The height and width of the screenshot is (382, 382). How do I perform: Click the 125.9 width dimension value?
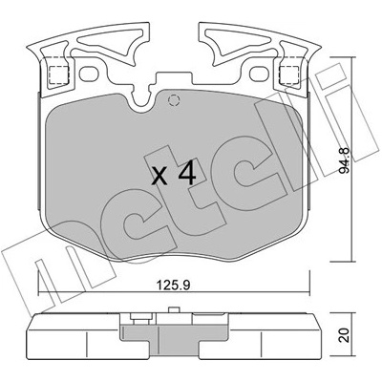174,285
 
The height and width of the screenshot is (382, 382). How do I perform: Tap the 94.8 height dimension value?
344,160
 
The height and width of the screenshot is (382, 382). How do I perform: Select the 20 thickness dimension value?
345,334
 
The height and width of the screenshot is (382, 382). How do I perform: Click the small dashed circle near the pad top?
174,100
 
